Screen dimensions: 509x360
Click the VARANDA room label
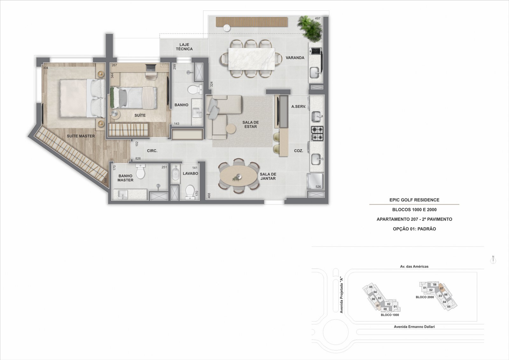coord(295,58)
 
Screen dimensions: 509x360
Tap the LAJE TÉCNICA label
coord(184,47)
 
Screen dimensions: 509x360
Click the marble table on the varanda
coord(251,59)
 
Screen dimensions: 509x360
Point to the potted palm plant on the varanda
coord(310,29)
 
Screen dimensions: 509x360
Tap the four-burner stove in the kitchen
coord(317,134)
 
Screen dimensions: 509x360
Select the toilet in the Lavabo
coord(190,192)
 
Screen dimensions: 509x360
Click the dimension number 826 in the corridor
coord(138,159)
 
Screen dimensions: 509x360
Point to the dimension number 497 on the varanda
coord(317,18)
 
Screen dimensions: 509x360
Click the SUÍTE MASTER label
coord(81,136)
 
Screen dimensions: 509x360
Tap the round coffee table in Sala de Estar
coord(231,129)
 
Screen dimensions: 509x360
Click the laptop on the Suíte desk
coord(151,67)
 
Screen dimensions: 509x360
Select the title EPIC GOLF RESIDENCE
coord(414,200)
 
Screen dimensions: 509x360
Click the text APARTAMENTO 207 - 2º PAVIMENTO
coord(414,219)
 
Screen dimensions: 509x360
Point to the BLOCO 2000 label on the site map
coord(425,297)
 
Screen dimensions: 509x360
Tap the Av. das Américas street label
coord(414,267)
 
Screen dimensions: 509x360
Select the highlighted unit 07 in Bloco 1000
coord(378,306)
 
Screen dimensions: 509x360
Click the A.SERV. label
coord(299,107)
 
